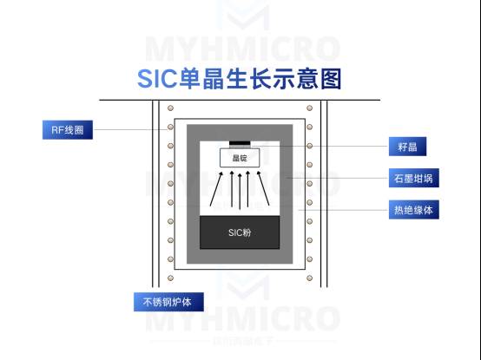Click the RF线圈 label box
[x=68, y=130]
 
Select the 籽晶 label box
[x=407, y=147]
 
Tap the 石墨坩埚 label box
[x=414, y=178]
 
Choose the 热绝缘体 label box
[x=414, y=210]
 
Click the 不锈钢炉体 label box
[x=168, y=302]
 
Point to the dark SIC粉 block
[x=240, y=232]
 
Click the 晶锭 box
[x=240, y=158]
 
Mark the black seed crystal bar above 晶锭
[x=240, y=143]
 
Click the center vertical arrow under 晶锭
[x=240, y=191]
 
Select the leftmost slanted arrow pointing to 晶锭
[x=216, y=189]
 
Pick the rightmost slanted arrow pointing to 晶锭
[x=263, y=188]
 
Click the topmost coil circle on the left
[x=170, y=108]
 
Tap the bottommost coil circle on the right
[x=309, y=278]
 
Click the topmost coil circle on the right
[x=309, y=108]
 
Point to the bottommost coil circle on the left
[x=170, y=278]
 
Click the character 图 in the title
[x=331, y=79]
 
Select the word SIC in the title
[x=157, y=79]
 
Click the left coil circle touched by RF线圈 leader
[x=170, y=127]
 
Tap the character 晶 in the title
[x=213, y=79]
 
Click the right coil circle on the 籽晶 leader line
[x=309, y=146]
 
